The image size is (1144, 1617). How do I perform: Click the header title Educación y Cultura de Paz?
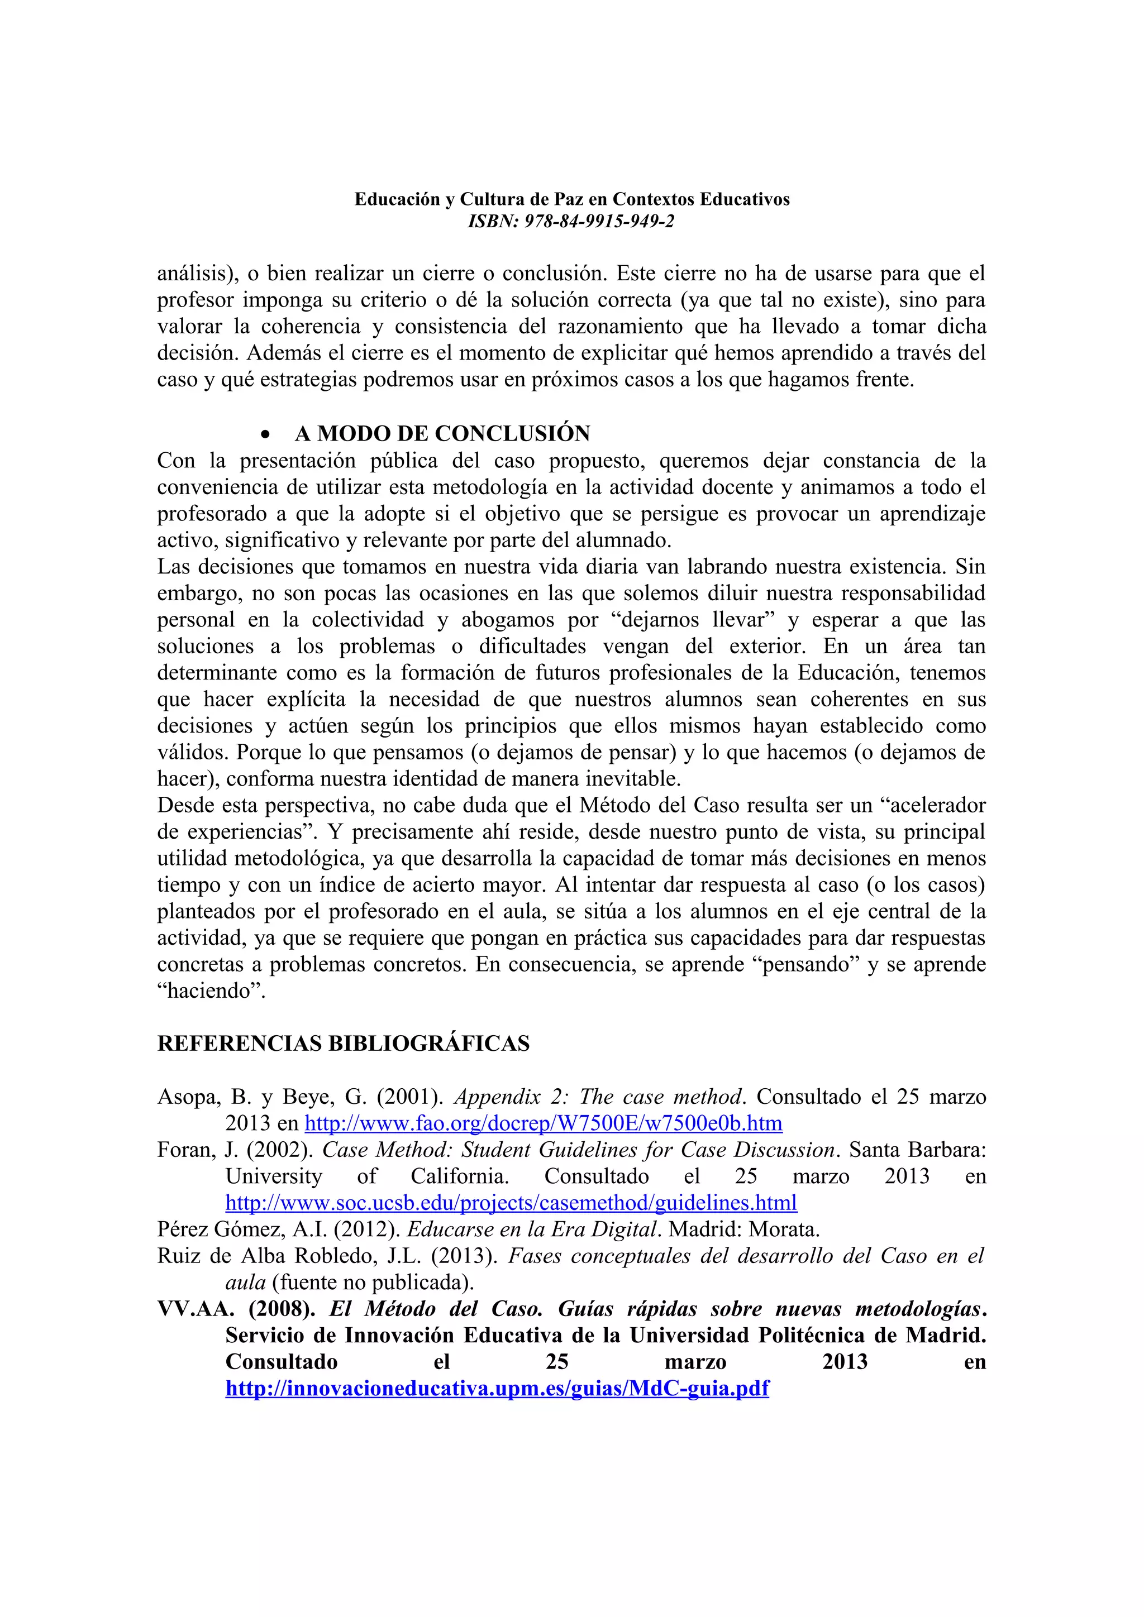click(571, 199)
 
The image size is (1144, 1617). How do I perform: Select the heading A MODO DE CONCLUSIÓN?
click(442, 433)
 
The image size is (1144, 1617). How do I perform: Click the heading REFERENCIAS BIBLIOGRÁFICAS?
click(343, 1043)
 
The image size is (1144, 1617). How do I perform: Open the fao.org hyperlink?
click(543, 1123)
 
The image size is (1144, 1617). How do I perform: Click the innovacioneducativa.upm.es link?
click(497, 1388)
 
